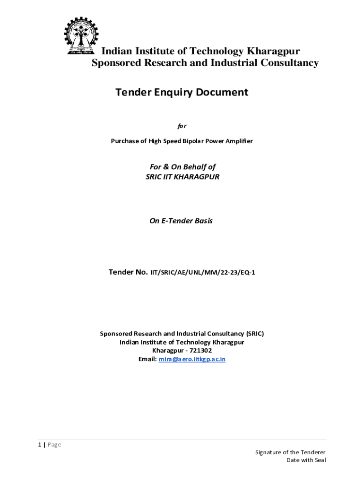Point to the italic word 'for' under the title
pos(182,126)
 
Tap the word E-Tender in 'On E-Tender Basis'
pos(177,221)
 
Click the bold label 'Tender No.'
pos(128,272)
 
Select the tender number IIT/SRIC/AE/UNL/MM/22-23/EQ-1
pos(203,273)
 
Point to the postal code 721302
pos(200,351)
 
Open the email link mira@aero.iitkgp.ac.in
pos(192,359)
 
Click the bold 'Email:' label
pos(147,359)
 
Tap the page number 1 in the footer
pos(40,445)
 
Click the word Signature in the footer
pos(269,452)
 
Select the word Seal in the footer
pos(319,460)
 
